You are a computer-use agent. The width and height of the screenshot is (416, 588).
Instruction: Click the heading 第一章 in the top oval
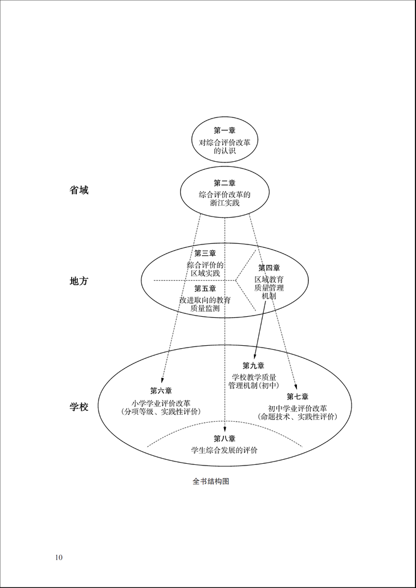point(225,130)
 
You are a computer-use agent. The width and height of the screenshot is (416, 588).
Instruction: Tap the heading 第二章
point(225,183)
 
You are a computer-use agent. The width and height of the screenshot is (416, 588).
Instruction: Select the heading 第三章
point(205,254)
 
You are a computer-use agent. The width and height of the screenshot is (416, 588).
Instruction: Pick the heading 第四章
point(269,268)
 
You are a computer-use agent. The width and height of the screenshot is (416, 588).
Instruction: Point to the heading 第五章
point(205,289)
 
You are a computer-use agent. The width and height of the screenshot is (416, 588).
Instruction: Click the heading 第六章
point(161,391)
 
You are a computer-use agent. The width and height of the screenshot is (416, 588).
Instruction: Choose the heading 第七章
point(297,397)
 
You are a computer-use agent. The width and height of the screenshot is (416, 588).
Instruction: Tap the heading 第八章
point(225,439)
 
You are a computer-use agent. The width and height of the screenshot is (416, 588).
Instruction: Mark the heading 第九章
point(254,366)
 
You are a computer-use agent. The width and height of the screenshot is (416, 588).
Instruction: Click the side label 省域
point(79,190)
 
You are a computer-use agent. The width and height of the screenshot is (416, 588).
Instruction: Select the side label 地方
point(79,281)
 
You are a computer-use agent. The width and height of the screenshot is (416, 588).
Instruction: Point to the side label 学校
point(79,407)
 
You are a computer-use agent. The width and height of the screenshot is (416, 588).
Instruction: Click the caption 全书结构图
point(211,481)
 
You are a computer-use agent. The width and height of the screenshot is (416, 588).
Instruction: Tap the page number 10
point(59,557)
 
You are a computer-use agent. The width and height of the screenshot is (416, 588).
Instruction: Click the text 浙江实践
point(225,204)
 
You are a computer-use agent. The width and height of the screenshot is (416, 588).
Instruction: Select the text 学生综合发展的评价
point(225,450)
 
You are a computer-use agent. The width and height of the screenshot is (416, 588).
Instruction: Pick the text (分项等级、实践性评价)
point(161,411)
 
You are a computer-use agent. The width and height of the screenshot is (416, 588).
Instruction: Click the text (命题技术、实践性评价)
point(297,417)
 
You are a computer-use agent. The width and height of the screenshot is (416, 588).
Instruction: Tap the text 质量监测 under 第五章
point(205,309)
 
